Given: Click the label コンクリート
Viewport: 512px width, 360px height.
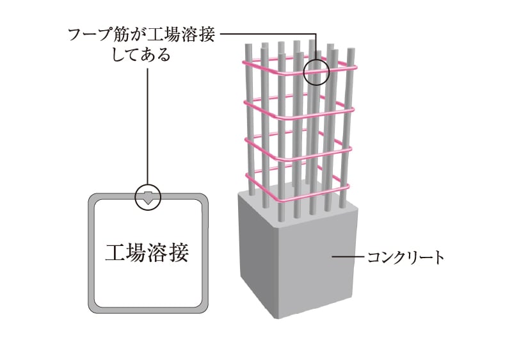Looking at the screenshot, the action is point(406,257).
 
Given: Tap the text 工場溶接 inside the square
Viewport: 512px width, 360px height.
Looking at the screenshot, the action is point(147,252).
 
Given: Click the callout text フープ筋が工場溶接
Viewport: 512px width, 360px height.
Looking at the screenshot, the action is point(141,35).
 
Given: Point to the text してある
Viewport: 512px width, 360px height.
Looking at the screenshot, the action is point(141,55).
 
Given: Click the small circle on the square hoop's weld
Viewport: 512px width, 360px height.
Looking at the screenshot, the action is point(148,197).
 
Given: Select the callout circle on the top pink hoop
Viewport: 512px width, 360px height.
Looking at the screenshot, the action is point(316,72).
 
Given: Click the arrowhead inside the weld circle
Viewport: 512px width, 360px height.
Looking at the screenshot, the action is point(148,198).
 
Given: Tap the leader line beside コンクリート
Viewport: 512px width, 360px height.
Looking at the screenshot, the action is point(348,257).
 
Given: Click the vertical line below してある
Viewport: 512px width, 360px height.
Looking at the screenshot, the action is point(148,126).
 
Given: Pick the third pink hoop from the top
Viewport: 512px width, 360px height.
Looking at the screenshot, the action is point(298,148).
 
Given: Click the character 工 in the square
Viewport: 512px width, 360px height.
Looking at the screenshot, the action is point(115,252).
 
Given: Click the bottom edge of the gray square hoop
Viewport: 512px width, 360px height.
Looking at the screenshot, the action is point(148,310).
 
